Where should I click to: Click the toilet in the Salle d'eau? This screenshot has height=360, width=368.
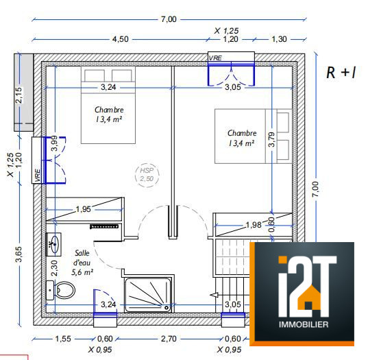pyautogui.click(x=60, y=290)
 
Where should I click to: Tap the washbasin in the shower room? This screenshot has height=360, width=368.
pyautogui.click(x=53, y=244)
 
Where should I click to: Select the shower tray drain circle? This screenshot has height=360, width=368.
pyautogui.click(x=167, y=307)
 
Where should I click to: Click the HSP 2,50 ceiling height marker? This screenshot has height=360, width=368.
pyautogui.click(x=147, y=175)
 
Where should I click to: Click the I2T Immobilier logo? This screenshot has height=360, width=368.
pyautogui.click(x=302, y=293)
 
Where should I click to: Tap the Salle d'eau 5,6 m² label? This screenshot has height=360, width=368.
pyautogui.click(x=82, y=263)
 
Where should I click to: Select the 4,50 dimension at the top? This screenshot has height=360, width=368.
pyautogui.click(x=121, y=39)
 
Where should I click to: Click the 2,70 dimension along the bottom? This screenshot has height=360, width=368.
pyautogui.click(x=169, y=339)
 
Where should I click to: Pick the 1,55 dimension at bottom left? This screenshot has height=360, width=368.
pyautogui.click(x=63, y=339)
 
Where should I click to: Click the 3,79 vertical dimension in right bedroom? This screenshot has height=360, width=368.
pyautogui.click(x=271, y=139)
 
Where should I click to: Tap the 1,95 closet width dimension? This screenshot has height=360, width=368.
pyautogui.click(x=84, y=209)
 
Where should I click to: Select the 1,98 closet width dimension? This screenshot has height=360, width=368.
pyautogui.click(x=254, y=225)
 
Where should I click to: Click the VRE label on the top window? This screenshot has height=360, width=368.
pyautogui.click(x=215, y=58)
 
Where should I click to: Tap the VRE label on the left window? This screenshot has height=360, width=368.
pyautogui.click(x=38, y=176)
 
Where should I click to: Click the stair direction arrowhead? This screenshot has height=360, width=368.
pyautogui.click(x=214, y=295)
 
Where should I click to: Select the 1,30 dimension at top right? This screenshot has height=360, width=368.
pyautogui.click(x=280, y=39)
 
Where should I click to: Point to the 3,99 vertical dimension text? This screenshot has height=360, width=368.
pyautogui.click(x=54, y=143)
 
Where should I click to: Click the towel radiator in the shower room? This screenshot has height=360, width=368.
pyautogui.click(x=104, y=226)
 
